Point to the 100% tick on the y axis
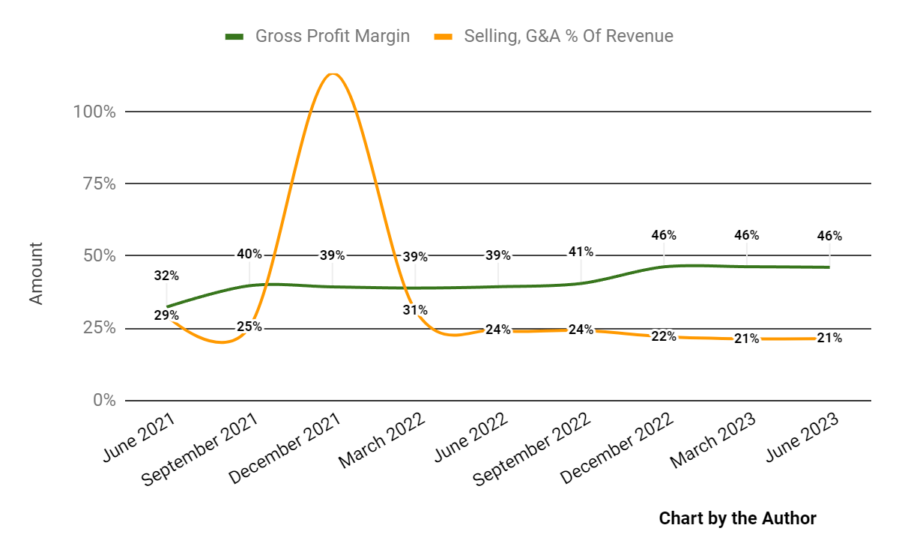[x=94, y=112]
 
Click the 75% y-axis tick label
[x=97, y=184]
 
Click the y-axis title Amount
[x=36, y=273]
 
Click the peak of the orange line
[x=333, y=73]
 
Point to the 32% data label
[x=166, y=276]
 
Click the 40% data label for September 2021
[x=249, y=254]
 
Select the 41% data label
[x=581, y=252]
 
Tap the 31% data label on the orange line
[x=415, y=310]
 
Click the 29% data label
[x=166, y=315]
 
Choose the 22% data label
[x=664, y=336]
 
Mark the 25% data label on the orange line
[x=249, y=327]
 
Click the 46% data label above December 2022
[x=664, y=235]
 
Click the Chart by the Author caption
[x=737, y=518]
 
